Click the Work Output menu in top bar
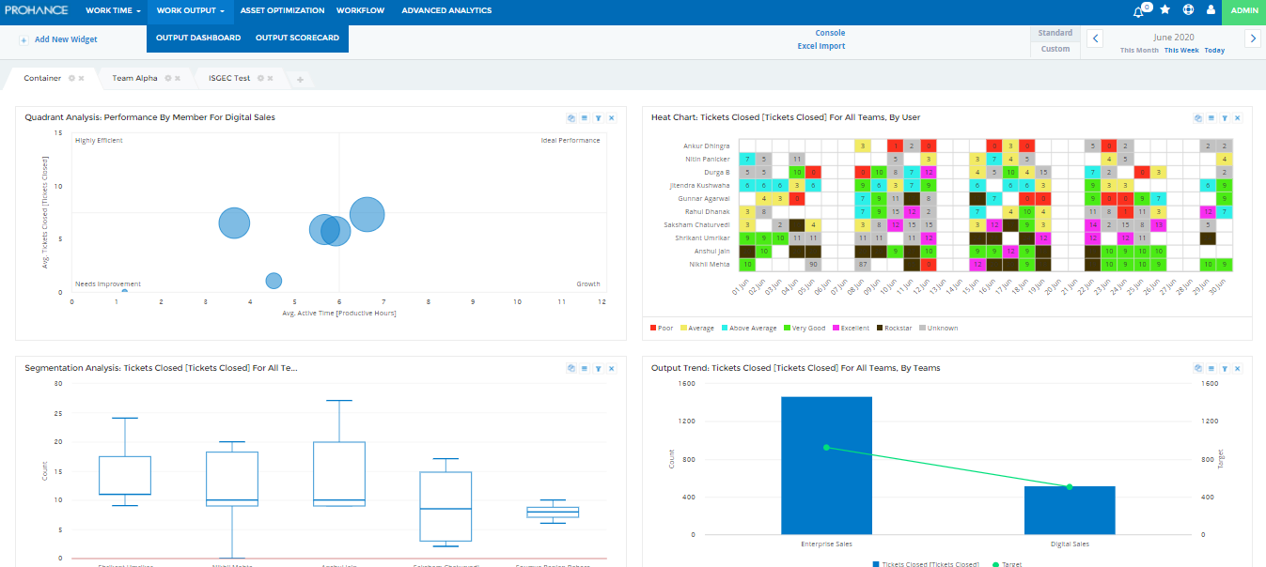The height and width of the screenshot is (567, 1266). click(190, 10)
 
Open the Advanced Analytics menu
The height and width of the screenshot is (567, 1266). click(446, 10)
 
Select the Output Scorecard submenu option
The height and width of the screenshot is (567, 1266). click(297, 38)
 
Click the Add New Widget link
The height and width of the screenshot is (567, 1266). click(65, 39)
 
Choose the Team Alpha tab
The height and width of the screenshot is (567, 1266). click(135, 78)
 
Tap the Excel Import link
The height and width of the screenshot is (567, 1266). click(821, 46)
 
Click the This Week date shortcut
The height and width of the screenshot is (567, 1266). click(1181, 51)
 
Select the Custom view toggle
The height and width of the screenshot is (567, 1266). click(1055, 49)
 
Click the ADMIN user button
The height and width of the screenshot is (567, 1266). click(1244, 10)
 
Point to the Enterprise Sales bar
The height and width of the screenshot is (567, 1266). click(826, 466)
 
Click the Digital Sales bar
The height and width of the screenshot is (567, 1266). click(1069, 511)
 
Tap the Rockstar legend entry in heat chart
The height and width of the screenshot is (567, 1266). click(897, 329)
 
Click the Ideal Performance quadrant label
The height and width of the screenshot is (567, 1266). click(570, 141)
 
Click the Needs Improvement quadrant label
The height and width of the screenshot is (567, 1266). click(108, 283)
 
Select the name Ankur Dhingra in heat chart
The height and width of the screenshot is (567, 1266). click(706, 146)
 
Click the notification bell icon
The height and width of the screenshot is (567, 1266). click(1139, 11)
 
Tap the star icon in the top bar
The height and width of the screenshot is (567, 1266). click(1165, 10)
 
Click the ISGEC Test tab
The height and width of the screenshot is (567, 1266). click(229, 78)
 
